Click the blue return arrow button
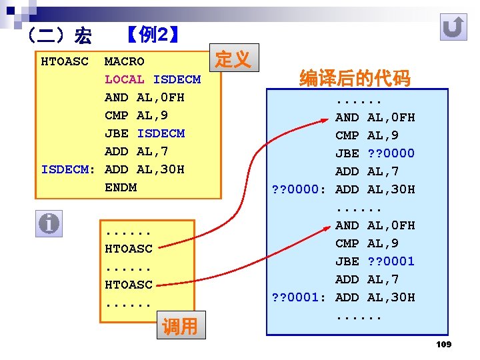(x=454, y=28)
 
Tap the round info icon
(x=49, y=223)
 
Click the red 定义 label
(x=233, y=60)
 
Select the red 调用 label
(x=180, y=327)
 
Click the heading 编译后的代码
(x=355, y=79)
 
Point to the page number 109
(x=443, y=344)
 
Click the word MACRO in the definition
(x=124, y=62)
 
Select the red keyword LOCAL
(x=124, y=80)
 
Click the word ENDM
(x=120, y=187)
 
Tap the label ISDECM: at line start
(x=69, y=169)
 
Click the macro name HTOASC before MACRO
(x=65, y=62)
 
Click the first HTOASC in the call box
(x=128, y=249)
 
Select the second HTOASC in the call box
(x=128, y=285)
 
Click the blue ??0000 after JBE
(x=391, y=153)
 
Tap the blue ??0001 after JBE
(x=391, y=261)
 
